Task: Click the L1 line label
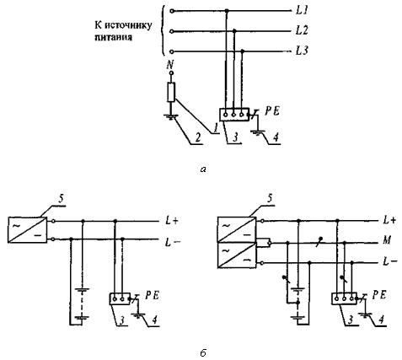point(302,11)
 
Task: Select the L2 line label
point(302,30)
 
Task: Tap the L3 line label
point(302,51)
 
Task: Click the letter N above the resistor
point(170,65)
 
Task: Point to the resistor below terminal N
point(171,92)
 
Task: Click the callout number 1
point(215,129)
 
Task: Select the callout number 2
point(198,138)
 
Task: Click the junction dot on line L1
point(227,11)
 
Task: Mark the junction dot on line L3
point(243,51)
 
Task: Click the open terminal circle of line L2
point(172,31)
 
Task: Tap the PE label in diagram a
point(272,111)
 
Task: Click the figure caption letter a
point(203,169)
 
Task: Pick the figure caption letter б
point(203,352)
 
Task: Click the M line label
point(387,240)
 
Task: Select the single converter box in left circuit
point(27,230)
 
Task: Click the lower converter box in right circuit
point(237,255)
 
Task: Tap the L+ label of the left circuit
point(171,221)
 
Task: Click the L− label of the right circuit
point(390,262)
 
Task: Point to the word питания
point(114,37)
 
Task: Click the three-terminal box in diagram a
point(234,115)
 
